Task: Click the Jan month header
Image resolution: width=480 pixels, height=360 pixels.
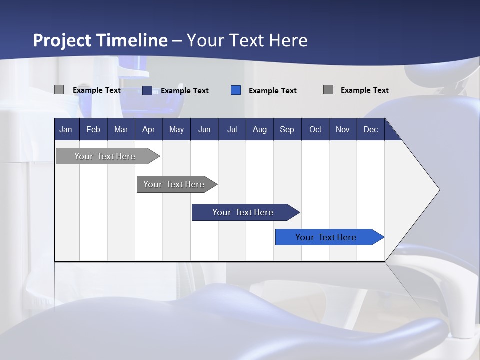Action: (66, 129)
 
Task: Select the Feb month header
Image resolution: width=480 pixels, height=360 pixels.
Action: (93, 129)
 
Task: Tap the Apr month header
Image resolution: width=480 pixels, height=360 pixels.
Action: (148, 129)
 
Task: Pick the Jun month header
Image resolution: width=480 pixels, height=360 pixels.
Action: (204, 129)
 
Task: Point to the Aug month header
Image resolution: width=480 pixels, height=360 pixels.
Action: (259, 129)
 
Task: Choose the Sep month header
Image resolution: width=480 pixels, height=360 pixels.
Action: (287, 129)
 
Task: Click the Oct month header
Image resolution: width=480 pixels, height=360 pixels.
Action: (315, 129)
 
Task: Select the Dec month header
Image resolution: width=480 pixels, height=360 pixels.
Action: (370, 129)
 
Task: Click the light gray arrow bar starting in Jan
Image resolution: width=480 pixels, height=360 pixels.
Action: (105, 156)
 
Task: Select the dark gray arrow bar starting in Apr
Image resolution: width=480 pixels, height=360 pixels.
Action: (174, 184)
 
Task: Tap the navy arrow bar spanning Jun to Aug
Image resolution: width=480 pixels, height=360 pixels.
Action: (243, 212)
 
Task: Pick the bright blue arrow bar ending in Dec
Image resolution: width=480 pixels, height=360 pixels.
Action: (326, 237)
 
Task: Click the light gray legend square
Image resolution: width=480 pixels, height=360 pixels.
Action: (59, 90)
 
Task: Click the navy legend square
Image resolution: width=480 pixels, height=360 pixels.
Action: (147, 90)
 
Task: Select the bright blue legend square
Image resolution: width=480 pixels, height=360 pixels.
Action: (236, 90)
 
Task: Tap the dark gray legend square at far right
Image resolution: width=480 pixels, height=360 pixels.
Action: (328, 90)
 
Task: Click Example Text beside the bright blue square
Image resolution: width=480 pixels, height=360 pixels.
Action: (273, 91)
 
